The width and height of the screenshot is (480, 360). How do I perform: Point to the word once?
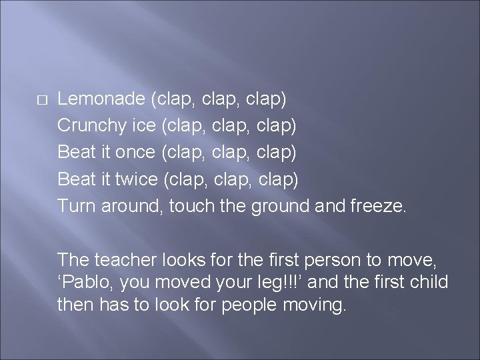[134, 153]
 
